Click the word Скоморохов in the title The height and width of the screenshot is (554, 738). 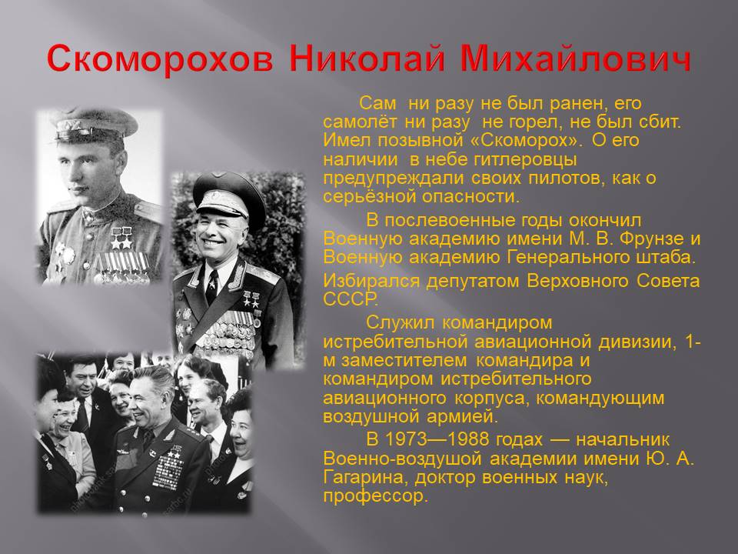click(x=160, y=59)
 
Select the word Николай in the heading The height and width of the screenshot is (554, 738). click(x=367, y=59)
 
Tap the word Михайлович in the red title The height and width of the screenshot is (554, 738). click(x=576, y=59)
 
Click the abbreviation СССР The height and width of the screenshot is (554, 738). click(x=351, y=299)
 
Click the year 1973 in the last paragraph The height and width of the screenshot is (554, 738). click(x=406, y=439)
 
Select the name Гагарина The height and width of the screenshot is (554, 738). click(x=362, y=478)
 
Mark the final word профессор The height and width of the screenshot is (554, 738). click(x=376, y=496)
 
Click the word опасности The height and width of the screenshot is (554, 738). click(x=470, y=197)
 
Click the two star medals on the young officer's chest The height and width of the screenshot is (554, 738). click(x=121, y=238)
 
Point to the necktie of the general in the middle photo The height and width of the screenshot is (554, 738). click(x=211, y=286)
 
